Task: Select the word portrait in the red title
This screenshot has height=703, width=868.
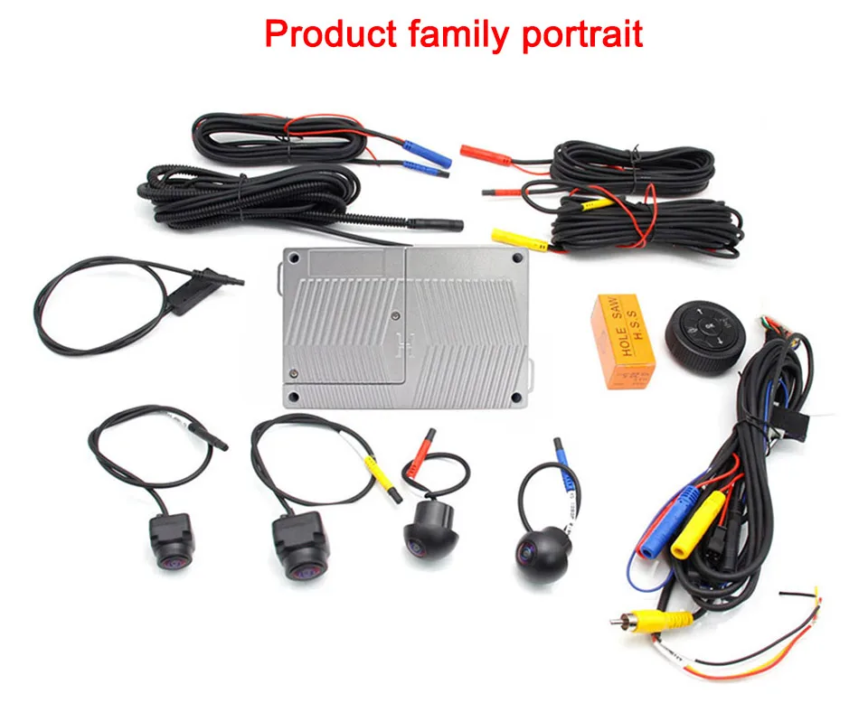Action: (582, 34)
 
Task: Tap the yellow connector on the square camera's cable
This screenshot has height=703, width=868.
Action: (380, 477)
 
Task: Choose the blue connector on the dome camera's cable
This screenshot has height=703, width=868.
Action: (561, 460)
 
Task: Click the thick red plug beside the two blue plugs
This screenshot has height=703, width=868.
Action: (476, 152)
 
